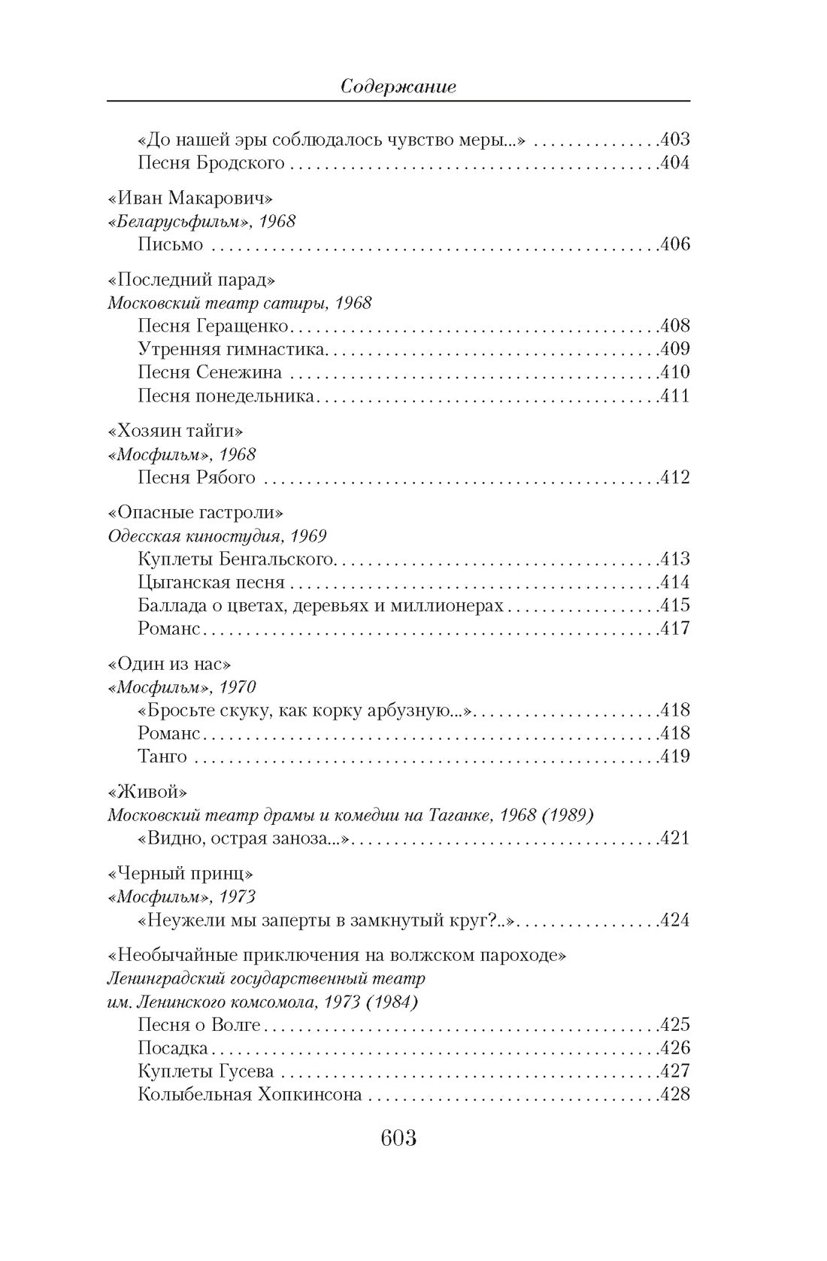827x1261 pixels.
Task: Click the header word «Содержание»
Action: (x=398, y=86)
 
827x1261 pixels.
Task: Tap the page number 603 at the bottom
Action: (x=398, y=1138)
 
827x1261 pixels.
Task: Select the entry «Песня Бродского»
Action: (x=211, y=162)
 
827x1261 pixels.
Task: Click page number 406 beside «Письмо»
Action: (x=674, y=244)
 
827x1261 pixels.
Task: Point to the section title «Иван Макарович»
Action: (x=190, y=198)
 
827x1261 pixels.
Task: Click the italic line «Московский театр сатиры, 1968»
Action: (x=240, y=303)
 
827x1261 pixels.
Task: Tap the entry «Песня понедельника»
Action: (x=226, y=396)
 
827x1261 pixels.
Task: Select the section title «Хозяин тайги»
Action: (x=176, y=431)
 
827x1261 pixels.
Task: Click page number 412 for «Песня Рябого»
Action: (x=674, y=477)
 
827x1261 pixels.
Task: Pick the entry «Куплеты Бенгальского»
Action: (x=235, y=559)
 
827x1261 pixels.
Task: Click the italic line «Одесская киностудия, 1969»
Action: (x=217, y=536)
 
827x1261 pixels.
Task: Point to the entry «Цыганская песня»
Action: (x=211, y=582)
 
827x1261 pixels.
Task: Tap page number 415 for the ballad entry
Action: (x=674, y=605)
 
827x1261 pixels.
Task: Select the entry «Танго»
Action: (x=162, y=756)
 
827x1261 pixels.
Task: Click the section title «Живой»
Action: (x=147, y=792)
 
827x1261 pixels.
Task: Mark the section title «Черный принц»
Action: (x=180, y=874)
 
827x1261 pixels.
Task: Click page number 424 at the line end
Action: (x=674, y=920)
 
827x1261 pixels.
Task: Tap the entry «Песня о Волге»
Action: (x=199, y=1025)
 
